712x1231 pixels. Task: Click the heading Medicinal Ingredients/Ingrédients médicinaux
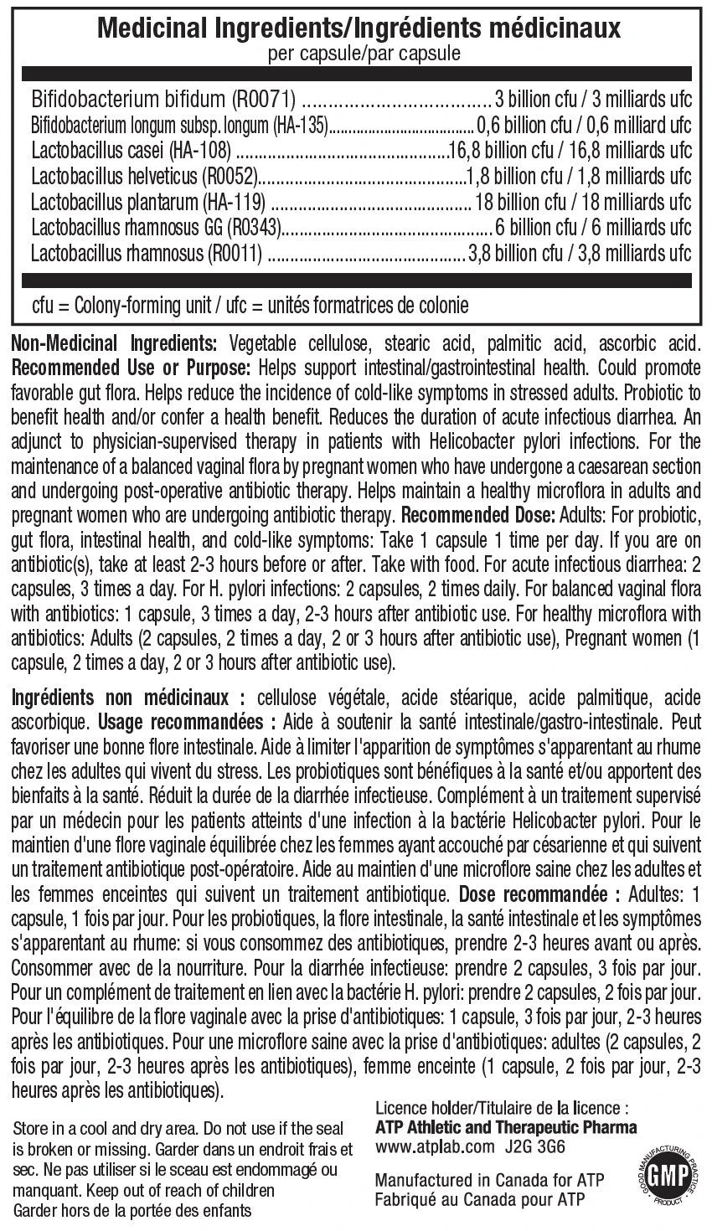359,31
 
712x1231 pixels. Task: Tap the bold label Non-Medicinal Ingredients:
112,345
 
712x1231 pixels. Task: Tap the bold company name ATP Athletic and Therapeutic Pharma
507,1127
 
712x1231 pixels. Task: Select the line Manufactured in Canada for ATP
490,1180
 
